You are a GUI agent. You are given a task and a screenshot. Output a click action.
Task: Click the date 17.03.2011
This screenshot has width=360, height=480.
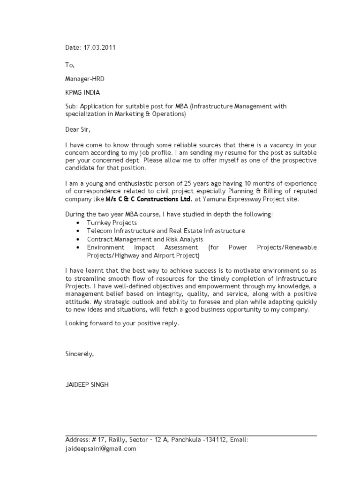click(x=100, y=47)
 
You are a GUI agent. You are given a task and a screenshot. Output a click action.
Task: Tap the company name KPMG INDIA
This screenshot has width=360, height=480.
click(x=82, y=92)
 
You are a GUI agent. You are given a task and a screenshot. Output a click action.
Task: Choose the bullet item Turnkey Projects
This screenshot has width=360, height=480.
click(x=112, y=223)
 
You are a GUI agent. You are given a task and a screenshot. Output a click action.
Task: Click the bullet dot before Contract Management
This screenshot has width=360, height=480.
click(x=77, y=239)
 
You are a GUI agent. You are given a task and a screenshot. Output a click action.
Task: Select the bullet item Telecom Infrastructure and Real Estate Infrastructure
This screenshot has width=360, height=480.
click(x=165, y=231)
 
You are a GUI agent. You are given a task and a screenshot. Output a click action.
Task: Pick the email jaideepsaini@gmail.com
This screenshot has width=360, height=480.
click(x=100, y=449)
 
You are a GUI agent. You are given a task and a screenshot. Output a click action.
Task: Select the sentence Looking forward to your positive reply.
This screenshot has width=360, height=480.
click(x=122, y=323)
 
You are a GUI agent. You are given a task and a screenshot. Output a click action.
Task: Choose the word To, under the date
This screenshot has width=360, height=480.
click(x=70, y=65)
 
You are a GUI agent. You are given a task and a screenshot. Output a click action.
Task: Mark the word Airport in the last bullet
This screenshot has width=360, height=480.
click(x=163, y=255)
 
